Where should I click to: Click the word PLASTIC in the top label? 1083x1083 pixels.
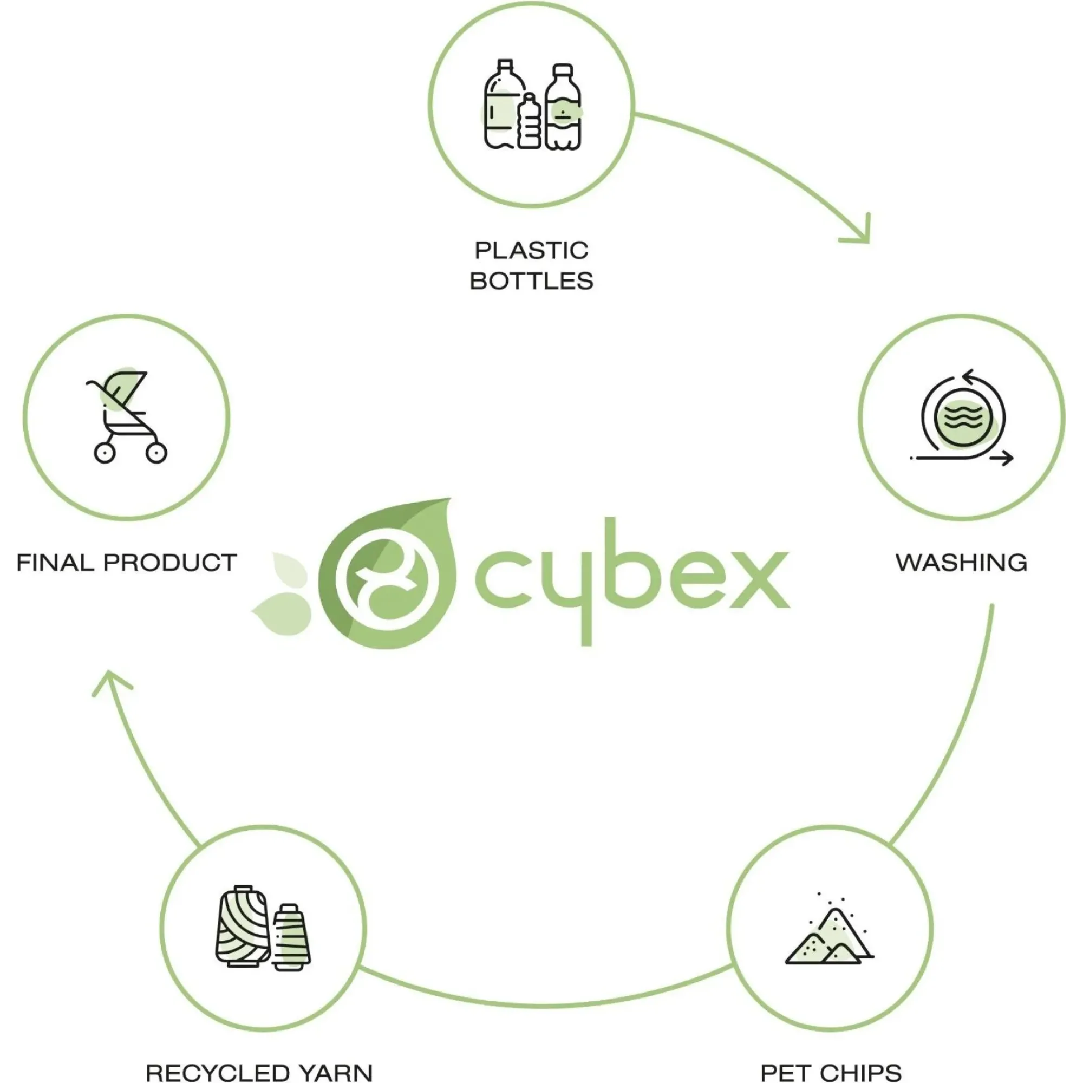point(531,251)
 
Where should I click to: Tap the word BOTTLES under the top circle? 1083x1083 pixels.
point(531,281)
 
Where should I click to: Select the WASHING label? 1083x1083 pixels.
point(961,563)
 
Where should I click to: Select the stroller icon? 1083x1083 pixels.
point(127,416)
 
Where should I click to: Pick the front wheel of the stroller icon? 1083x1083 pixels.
point(156,452)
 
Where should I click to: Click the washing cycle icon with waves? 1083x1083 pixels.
point(962,417)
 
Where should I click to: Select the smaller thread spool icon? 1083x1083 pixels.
point(291,937)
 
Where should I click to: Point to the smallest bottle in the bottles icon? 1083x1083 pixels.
point(529,121)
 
